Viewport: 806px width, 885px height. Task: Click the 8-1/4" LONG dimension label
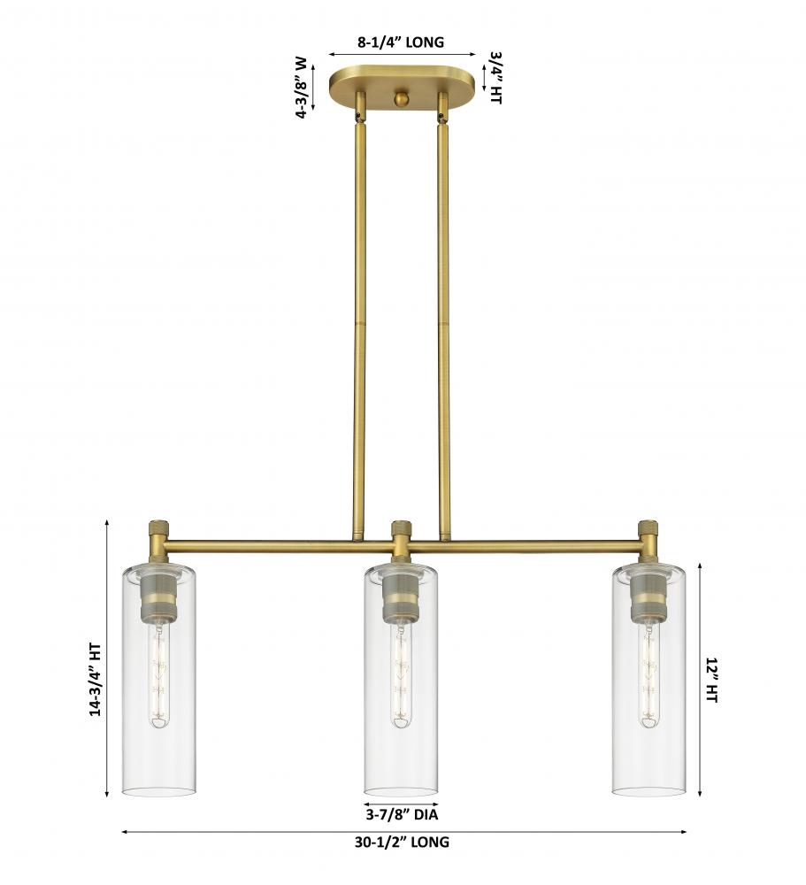click(400, 42)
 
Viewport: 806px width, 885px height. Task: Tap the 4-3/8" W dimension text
click(302, 87)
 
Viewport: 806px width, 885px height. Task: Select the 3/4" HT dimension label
click(496, 78)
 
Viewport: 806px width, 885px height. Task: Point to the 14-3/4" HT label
click(96, 680)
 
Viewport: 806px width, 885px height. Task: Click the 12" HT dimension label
click(710, 680)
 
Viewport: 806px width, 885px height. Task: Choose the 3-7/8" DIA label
click(402, 814)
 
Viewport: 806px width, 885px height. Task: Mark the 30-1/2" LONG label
click(402, 843)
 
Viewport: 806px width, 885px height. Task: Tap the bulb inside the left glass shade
click(159, 673)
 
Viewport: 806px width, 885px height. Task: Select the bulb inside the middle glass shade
click(402, 673)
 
